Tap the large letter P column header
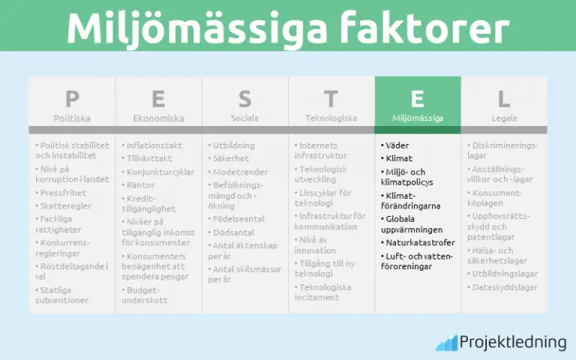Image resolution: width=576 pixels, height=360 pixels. coord(72,98)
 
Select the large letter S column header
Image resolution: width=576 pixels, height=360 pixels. coord(244,98)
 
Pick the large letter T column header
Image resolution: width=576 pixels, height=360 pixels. coord(331,98)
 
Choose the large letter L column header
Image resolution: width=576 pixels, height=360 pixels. coord(504,98)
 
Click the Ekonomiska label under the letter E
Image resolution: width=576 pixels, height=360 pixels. coord(158,118)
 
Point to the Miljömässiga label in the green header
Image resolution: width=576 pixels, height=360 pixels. coord(418,118)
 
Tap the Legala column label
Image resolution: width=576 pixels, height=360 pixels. coord(504,118)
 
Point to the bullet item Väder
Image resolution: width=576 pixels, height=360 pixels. coord(397,145)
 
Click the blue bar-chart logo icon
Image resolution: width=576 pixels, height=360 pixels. coord(448,343)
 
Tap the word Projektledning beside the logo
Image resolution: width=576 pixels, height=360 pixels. coord(513,342)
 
